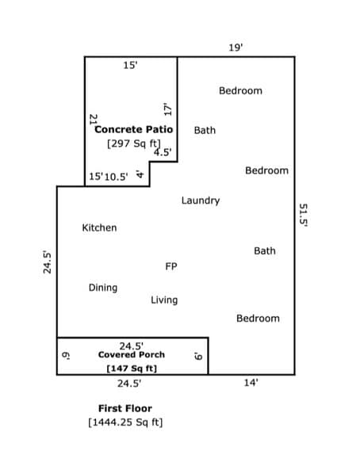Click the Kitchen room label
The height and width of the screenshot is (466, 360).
click(99, 227)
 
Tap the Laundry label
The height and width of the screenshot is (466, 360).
click(200, 201)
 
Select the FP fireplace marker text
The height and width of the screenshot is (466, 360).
click(170, 267)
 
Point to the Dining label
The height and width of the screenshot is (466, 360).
click(102, 288)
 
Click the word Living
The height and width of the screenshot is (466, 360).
click(164, 300)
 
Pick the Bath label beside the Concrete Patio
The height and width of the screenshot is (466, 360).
click(205, 130)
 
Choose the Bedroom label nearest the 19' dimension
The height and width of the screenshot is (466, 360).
click(240, 90)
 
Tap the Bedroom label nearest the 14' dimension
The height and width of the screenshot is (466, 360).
click(258, 318)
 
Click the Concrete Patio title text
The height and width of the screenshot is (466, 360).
click(129, 129)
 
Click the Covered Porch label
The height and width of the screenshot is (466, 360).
click(131, 355)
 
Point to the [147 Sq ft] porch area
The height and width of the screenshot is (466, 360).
click(131, 369)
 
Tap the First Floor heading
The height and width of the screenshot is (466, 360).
click(124, 408)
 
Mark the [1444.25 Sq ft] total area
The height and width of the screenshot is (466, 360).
click(125, 422)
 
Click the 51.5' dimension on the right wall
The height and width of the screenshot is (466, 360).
click(303, 214)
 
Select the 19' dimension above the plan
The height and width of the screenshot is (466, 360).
click(236, 48)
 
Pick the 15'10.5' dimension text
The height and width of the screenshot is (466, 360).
click(108, 177)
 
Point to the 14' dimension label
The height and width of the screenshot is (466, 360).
click(251, 383)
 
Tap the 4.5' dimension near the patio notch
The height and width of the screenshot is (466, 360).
click(163, 153)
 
